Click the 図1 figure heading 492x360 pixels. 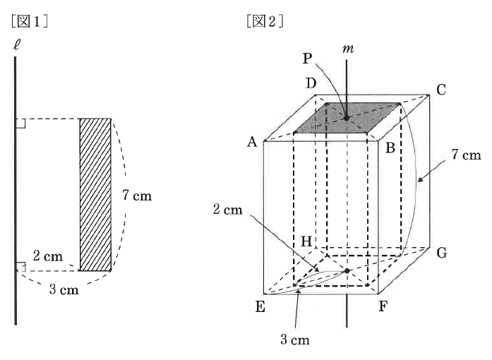click(29, 21)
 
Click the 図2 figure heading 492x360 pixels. click(265, 21)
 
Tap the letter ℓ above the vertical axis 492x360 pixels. click(16, 45)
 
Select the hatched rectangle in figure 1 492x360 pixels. click(95, 195)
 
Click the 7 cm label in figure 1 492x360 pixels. click(137, 196)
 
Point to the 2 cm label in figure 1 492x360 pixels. click(48, 256)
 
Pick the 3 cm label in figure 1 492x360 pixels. click(64, 289)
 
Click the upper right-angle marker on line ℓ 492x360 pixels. click(20, 124)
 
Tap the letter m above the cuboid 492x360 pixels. click(348, 49)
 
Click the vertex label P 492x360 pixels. click(308, 59)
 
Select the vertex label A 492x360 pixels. click(252, 142)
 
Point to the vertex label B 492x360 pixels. click(390, 148)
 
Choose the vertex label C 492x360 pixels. click(441, 90)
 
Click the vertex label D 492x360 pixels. click(311, 83)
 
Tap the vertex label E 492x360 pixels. click(260, 306)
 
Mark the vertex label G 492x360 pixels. click(442, 253)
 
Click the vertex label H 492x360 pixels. click(306, 241)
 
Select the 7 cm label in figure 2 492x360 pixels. click(467, 155)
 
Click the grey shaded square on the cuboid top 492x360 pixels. click(347, 118)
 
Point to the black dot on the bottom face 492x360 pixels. click(347, 271)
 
